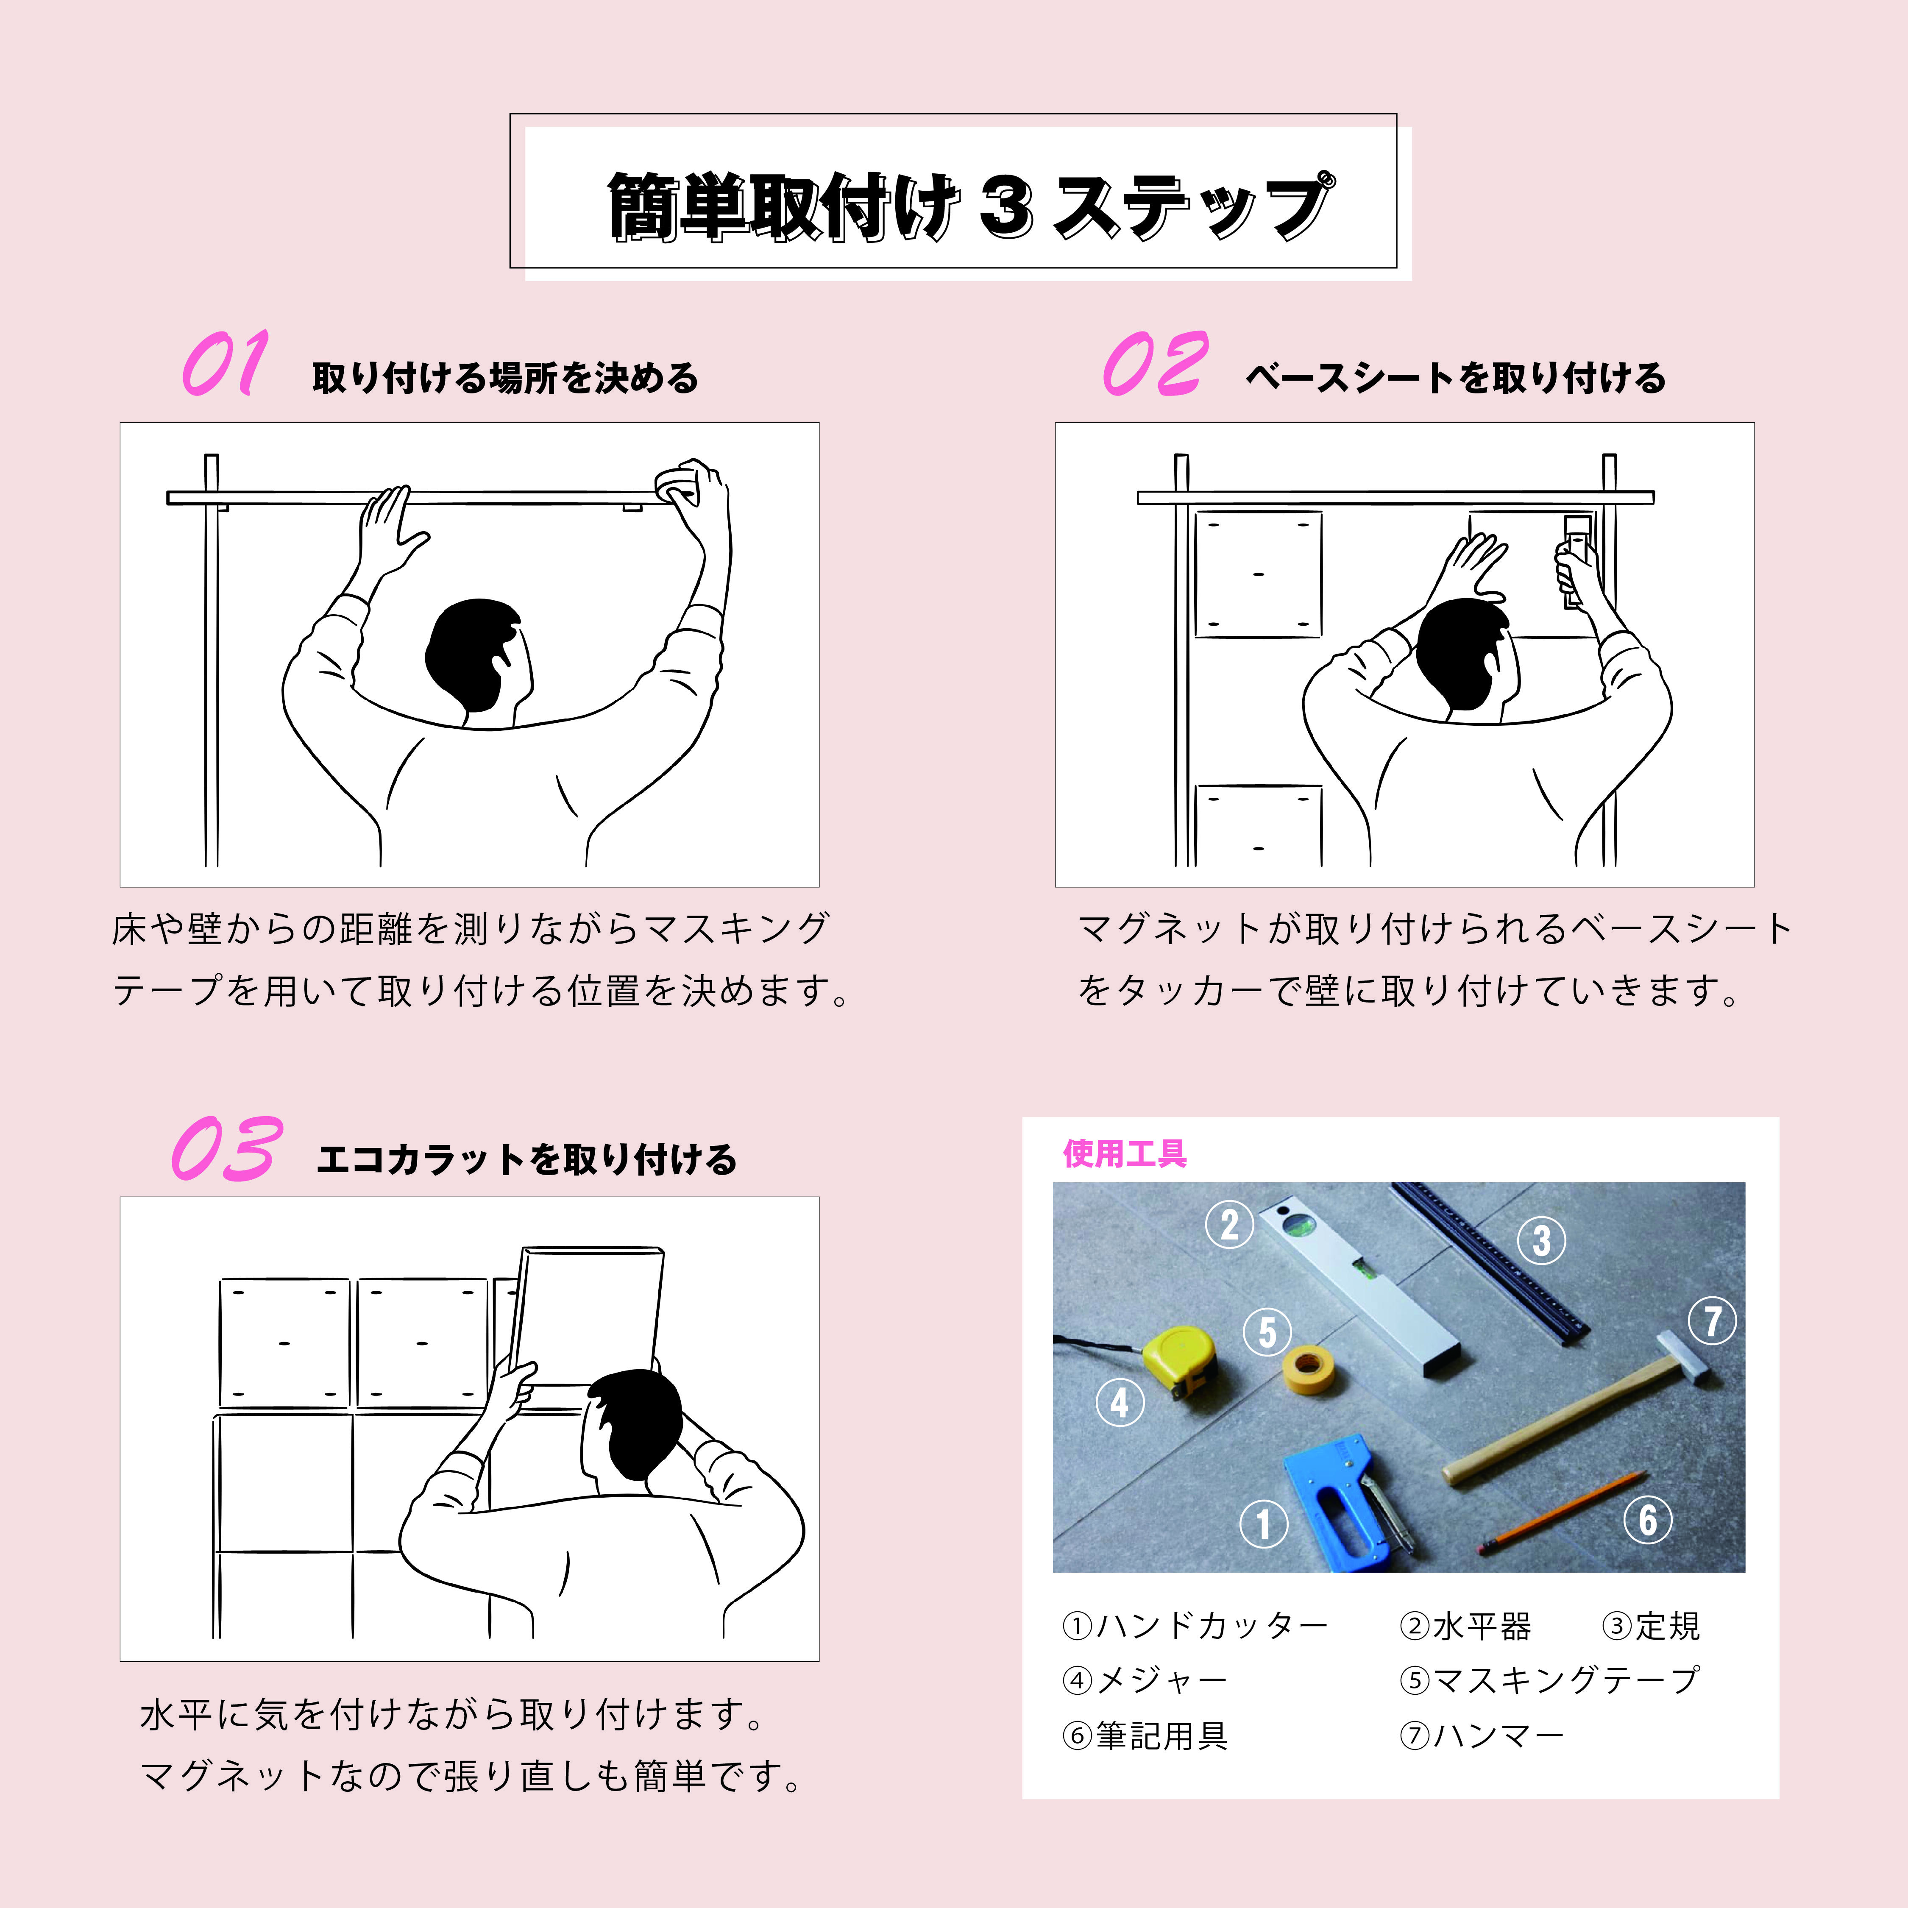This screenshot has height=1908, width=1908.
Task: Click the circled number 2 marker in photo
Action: [1229, 1226]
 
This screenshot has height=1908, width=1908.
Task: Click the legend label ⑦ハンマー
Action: [1482, 1735]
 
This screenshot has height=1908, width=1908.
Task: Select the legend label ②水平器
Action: [1465, 1626]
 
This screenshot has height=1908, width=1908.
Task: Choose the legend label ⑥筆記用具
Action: [1145, 1735]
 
